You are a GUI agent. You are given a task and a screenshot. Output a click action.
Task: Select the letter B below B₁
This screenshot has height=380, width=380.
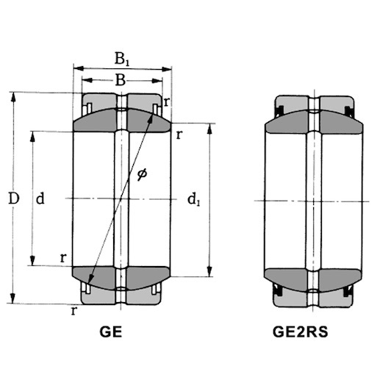(121, 79)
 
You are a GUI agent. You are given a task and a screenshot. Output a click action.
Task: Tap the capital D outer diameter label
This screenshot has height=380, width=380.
(12, 198)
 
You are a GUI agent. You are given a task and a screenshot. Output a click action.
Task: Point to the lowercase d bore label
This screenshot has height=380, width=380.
(41, 198)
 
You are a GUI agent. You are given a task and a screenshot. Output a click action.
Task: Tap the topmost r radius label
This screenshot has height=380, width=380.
(168, 102)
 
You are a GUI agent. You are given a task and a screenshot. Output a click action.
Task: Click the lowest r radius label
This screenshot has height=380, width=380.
(74, 310)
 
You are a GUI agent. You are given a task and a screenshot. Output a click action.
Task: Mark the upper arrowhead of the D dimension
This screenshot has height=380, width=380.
(12, 96)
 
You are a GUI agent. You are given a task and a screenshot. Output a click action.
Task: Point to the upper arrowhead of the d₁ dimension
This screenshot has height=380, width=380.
(210, 127)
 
